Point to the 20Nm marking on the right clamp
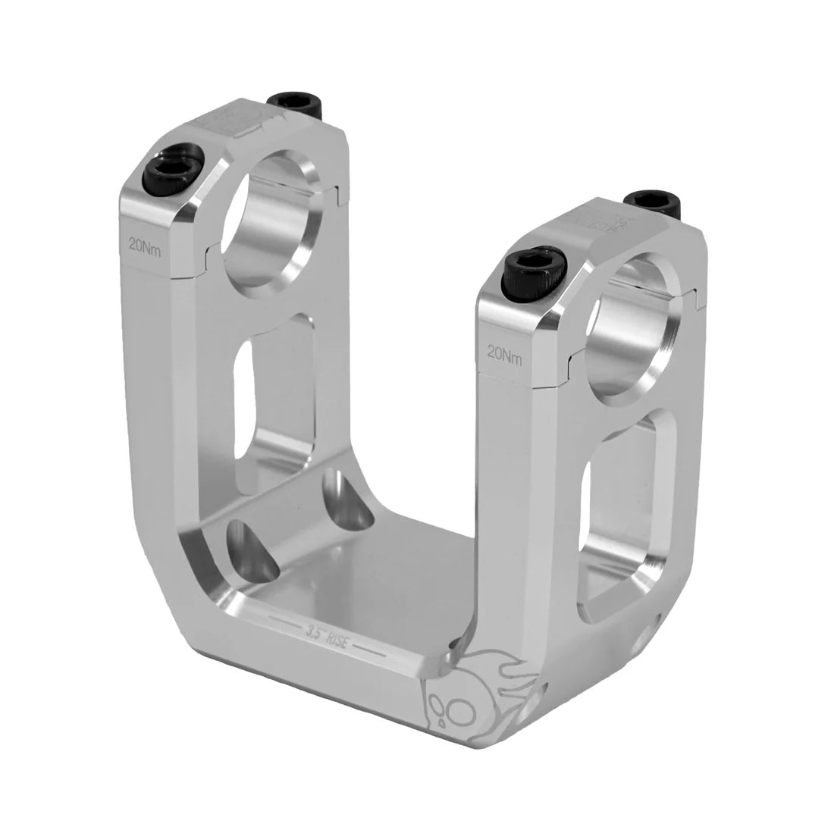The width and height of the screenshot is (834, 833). coord(505,353)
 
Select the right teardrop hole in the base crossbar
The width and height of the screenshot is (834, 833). coord(346,503)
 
